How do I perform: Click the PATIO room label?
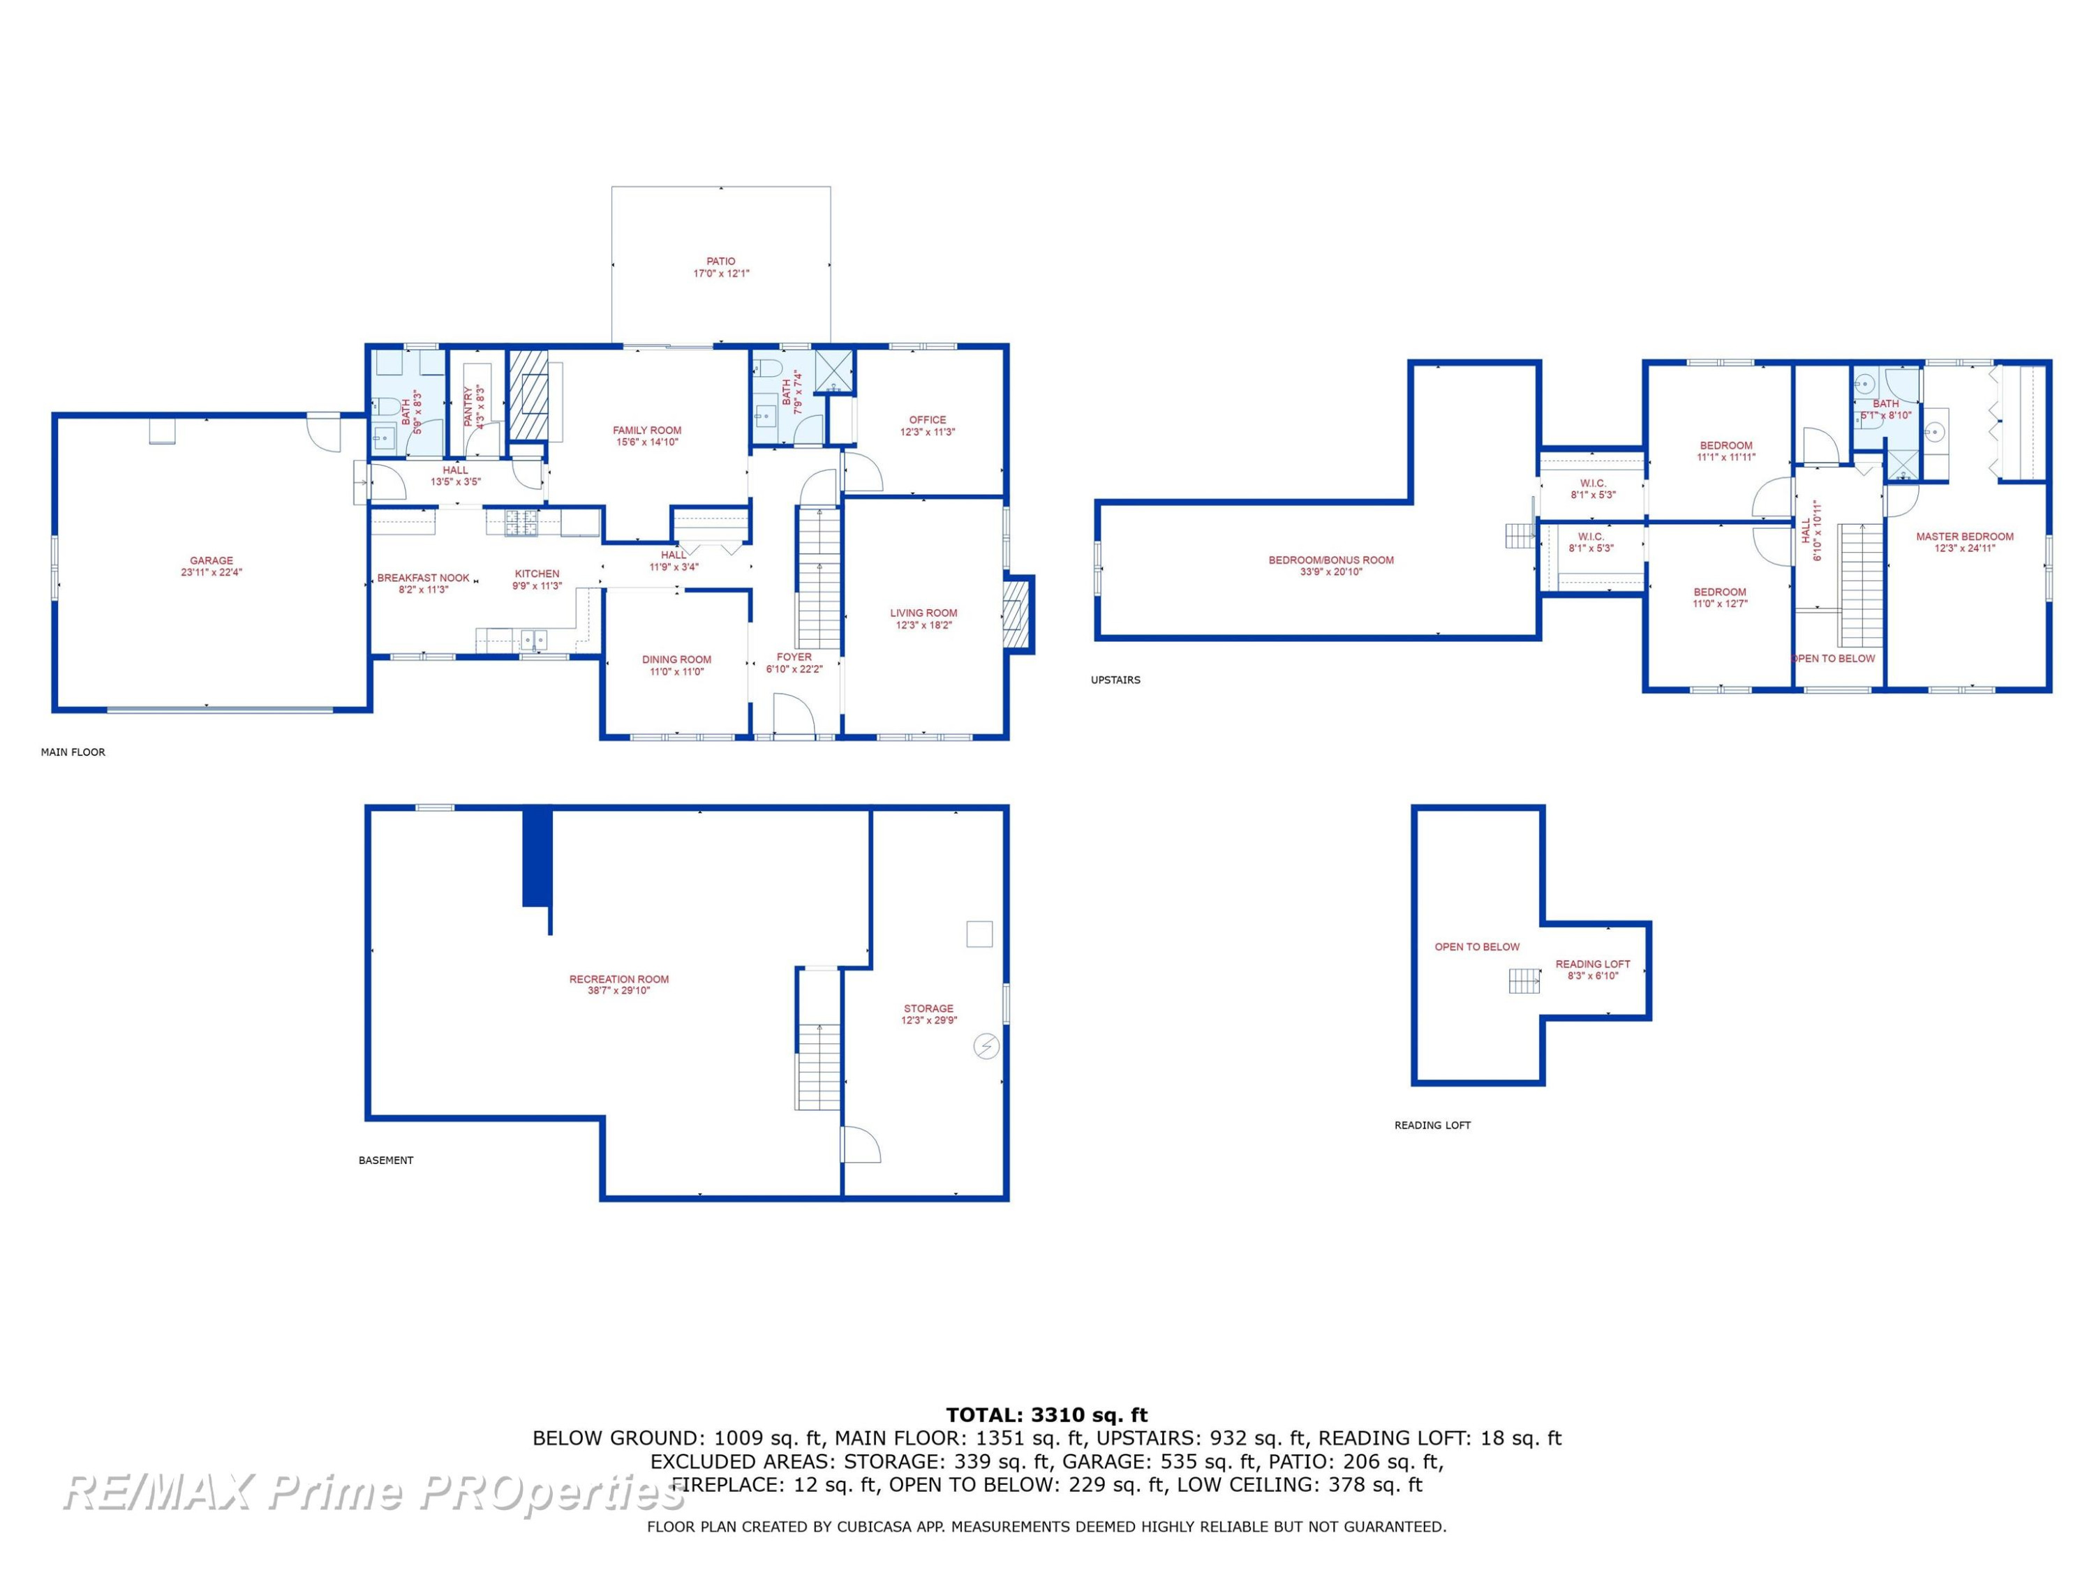(720, 261)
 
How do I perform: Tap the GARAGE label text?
(211, 560)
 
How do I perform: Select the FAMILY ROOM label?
(646, 431)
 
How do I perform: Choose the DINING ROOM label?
(677, 659)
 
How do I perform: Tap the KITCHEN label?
(537, 574)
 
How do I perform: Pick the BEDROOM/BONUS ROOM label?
(1331, 560)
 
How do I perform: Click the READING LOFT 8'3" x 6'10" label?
(1594, 970)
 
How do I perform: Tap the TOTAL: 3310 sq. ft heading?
(1047, 1415)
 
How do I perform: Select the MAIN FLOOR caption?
(73, 752)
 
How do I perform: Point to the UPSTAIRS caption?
(1115, 680)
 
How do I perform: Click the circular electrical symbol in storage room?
(986, 1046)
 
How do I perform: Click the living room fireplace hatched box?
(1015, 614)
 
